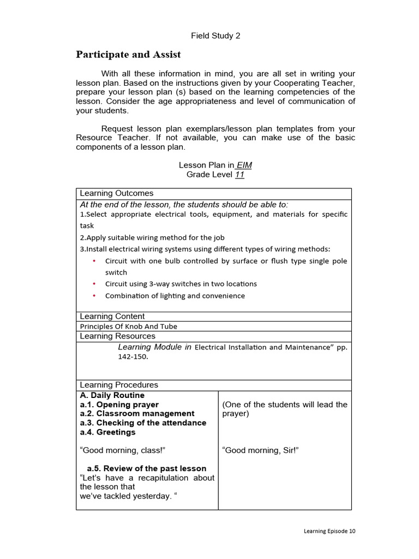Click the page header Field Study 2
[x=216, y=36]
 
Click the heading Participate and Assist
[x=128, y=55]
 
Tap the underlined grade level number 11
[x=239, y=175]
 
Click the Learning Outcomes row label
[x=117, y=193]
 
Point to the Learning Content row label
[x=112, y=316]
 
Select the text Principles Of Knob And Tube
[x=129, y=326]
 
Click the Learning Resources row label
[x=118, y=336]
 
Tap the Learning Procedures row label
[x=119, y=385]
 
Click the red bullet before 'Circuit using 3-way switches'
[x=94, y=284]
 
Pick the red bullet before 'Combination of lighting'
[x=94, y=296]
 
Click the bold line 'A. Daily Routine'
[x=112, y=395]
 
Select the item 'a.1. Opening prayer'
[x=119, y=405]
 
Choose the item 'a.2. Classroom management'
[x=137, y=414]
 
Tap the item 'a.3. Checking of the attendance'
[x=143, y=423]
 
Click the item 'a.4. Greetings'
[x=107, y=432]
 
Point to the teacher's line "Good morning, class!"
[x=123, y=450]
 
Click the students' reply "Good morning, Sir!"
[x=261, y=450]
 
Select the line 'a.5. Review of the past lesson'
[x=147, y=468]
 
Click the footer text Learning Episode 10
[x=330, y=531]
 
